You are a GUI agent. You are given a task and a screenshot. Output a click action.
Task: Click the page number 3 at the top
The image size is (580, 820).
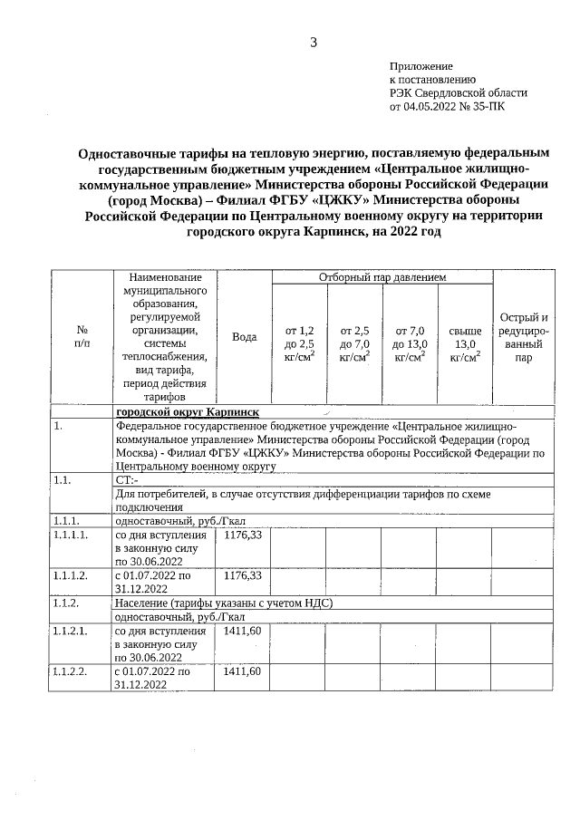point(314,42)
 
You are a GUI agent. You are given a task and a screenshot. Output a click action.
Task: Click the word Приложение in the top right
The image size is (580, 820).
point(420,66)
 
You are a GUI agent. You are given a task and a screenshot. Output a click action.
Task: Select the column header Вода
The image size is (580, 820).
point(244,337)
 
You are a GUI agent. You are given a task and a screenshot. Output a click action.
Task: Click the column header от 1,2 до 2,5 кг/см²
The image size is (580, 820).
point(299,343)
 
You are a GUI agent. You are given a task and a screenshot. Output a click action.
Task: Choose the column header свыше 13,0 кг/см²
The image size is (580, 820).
point(465,343)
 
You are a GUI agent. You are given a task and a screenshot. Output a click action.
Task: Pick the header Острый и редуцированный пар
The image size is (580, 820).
point(524,337)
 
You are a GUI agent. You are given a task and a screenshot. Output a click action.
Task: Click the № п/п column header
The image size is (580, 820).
point(82,337)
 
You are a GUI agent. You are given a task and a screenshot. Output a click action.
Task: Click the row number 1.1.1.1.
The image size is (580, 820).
point(72,535)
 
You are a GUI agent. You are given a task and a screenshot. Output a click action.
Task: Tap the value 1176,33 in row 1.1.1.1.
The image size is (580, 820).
point(242,535)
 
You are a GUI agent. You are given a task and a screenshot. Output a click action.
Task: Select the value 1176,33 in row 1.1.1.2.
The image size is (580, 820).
point(242,575)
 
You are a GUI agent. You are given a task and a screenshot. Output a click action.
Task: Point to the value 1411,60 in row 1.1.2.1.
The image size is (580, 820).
point(242,631)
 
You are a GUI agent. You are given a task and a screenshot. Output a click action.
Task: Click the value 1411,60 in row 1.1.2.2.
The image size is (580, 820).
point(242,670)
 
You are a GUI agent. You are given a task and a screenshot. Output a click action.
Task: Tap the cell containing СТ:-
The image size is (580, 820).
point(127,478)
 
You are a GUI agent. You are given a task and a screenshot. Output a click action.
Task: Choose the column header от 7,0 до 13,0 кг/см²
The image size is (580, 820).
point(410,343)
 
